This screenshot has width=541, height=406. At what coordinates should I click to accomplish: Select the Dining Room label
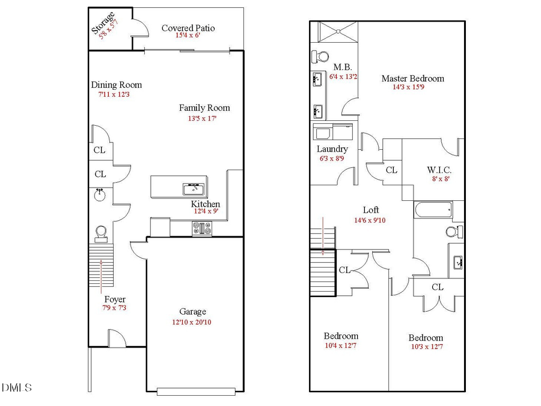[116, 85]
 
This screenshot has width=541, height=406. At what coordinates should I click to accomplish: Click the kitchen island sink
[193, 189]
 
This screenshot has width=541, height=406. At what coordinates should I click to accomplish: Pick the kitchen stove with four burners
[201, 228]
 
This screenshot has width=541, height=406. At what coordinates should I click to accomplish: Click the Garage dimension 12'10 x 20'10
[192, 322]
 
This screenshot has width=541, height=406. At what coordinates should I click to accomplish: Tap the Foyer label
[115, 299]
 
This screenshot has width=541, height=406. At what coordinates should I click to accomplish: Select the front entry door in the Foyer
[116, 339]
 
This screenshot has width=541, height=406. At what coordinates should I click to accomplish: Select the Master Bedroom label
[413, 78]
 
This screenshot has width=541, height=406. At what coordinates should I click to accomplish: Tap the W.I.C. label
[439, 170]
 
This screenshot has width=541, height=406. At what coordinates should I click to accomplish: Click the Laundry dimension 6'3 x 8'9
[332, 159]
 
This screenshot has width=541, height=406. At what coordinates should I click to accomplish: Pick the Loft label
[371, 210]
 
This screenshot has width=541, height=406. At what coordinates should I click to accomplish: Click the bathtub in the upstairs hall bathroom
[432, 211]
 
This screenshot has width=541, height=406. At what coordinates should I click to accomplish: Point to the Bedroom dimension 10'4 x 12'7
[341, 345]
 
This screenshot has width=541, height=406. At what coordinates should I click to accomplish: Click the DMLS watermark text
[17, 387]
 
